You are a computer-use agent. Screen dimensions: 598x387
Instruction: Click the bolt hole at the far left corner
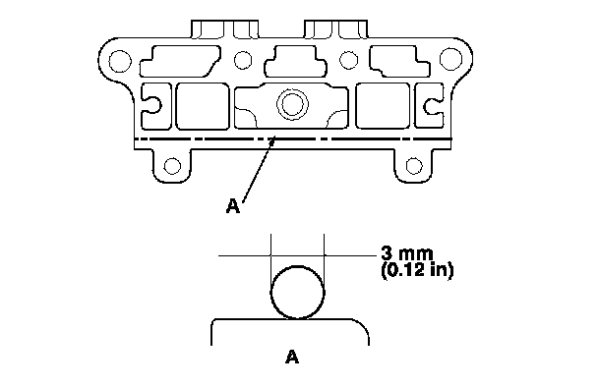tap(120, 61)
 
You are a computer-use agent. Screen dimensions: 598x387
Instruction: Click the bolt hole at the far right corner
tap(450, 59)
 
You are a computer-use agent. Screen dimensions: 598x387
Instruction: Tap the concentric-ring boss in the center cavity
tap(292, 104)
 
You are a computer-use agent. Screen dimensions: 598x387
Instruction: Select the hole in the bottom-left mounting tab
tap(172, 166)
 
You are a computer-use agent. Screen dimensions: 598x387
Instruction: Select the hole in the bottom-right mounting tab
tap(414, 166)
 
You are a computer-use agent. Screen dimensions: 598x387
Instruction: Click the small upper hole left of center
tap(243, 60)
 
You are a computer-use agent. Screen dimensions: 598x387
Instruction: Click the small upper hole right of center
tap(348, 60)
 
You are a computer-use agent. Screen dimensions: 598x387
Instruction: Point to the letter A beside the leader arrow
tap(233, 206)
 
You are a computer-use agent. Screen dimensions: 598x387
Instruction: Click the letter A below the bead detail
tap(292, 357)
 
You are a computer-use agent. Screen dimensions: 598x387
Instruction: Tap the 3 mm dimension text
tap(407, 253)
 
